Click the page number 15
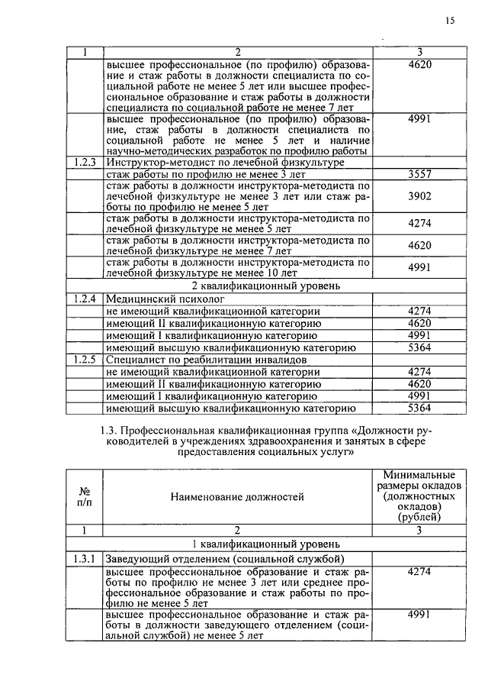click(x=450, y=21)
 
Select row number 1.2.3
click(x=85, y=163)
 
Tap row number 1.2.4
click(x=85, y=299)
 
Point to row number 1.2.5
click(x=85, y=359)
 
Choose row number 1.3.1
click(x=85, y=558)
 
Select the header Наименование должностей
click(x=237, y=496)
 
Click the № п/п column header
click(x=85, y=496)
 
